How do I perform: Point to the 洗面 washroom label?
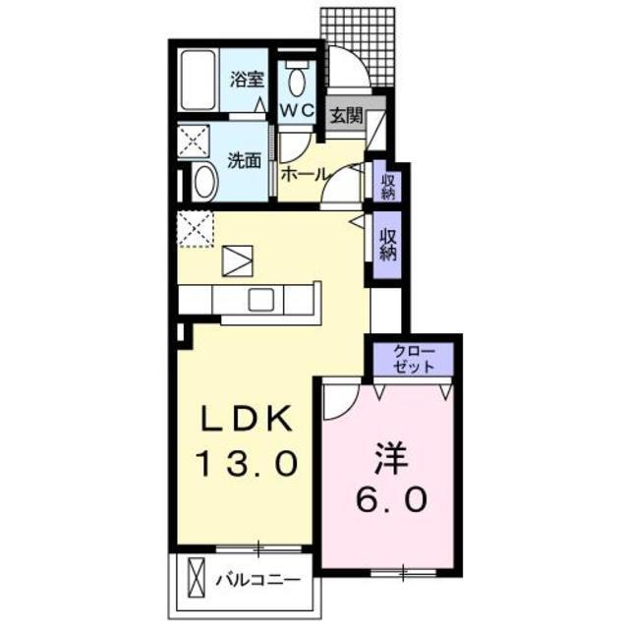tap(244, 160)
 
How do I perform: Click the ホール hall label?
tap(305, 174)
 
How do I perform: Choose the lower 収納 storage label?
tap(389, 242)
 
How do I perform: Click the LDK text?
tap(246, 420)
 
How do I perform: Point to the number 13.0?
tap(246, 462)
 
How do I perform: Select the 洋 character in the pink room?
tap(388, 459)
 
